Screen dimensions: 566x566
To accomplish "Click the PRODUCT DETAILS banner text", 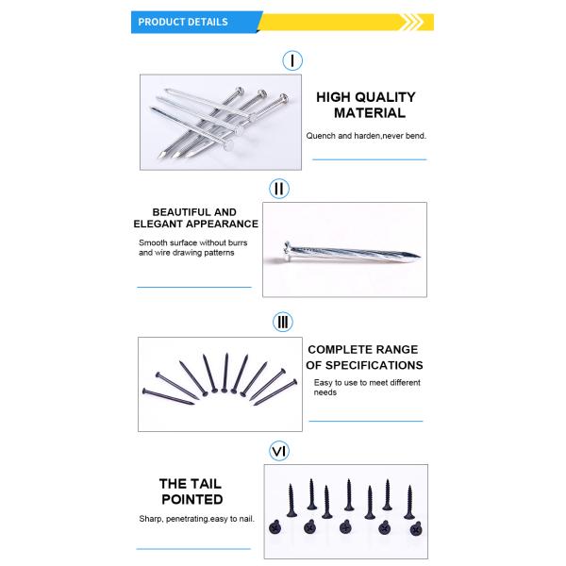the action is tap(183, 22).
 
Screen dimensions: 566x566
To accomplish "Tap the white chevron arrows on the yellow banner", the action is tap(412, 22).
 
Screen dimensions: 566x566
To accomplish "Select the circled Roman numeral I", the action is tap(292, 60).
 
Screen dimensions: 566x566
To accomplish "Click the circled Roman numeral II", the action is tap(279, 189).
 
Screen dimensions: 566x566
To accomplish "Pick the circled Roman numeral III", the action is tap(283, 322).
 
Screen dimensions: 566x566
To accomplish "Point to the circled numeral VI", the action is tap(279, 451).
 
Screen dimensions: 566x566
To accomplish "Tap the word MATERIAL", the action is tap(370, 113).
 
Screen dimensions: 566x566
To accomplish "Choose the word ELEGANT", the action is tap(158, 225).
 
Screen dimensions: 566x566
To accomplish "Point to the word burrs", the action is tap(237, 243).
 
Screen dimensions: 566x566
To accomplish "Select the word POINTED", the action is tap(192, 500).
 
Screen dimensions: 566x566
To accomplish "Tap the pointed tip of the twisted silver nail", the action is tap(419, 257).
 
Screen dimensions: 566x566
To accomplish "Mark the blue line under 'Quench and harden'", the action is tap(369, 159).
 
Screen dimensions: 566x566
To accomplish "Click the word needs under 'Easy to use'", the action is tap(325, 392).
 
